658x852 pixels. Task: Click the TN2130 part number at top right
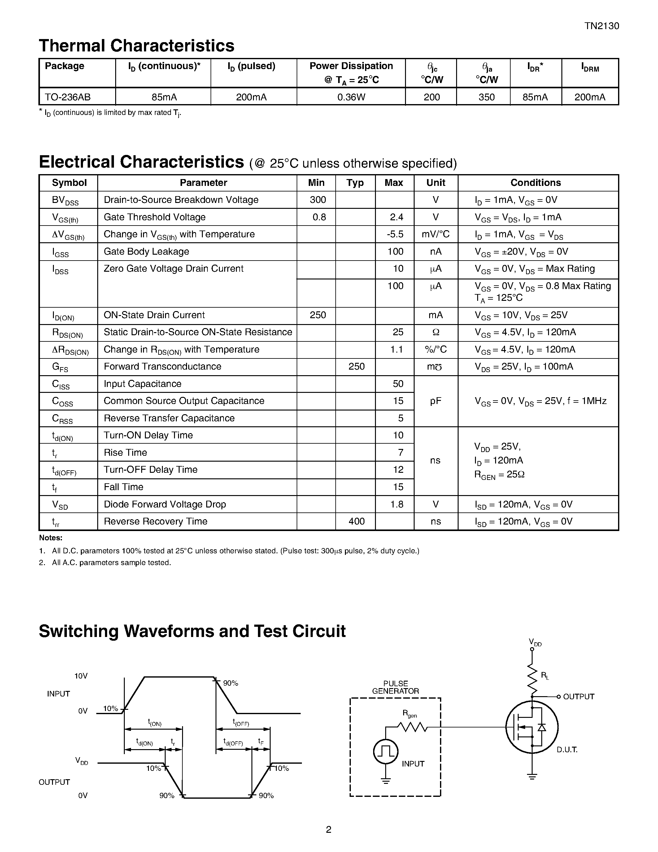[x=601, y=26]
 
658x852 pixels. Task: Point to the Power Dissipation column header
[x=351, y=72]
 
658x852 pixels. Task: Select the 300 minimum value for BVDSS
[x=318, y=200]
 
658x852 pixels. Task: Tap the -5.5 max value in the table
[x=395, y=234]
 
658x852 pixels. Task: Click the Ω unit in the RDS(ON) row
[x=435, y=332]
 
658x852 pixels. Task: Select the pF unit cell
[x=435, y=401]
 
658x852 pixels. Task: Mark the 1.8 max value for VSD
[x=396, y=504]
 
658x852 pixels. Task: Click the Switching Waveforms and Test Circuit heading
[x=192, y=631]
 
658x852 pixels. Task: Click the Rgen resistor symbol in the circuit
[x=412, y=727]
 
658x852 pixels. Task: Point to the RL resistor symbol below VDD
[x=532, y=678]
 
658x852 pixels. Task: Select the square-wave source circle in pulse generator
[x=386, y=751]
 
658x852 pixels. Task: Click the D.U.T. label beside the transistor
[x=567, y=749]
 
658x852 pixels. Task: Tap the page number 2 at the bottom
[x=329, y=829]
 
